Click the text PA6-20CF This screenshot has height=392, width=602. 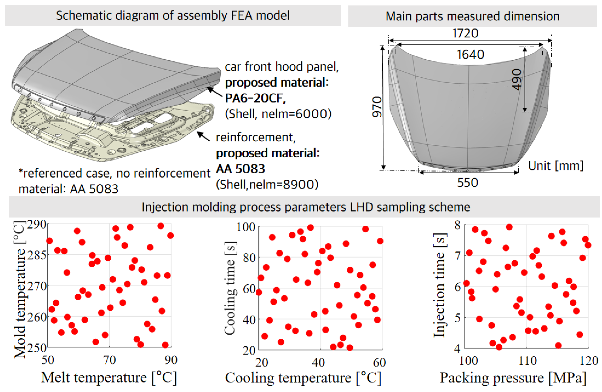pyautogui.click(x=255, y=98)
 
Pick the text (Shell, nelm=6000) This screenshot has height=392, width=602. pyautogui.click(x=278, y=114)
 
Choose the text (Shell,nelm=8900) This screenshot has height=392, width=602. pyautogui.click(x=267, y=184)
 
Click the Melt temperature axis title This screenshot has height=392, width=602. pyautogui.click(x=109, y=378)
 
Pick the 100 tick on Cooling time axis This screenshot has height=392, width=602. pyautogui.click(x=246, y=227)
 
